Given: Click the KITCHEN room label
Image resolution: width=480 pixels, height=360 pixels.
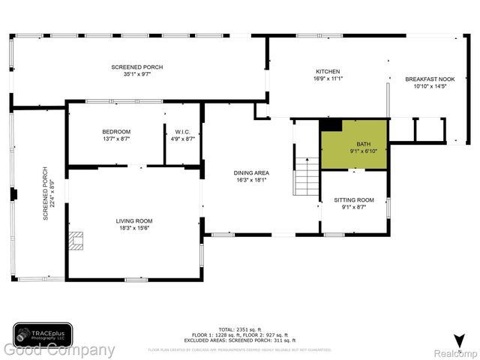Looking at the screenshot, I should (x=327, y=70).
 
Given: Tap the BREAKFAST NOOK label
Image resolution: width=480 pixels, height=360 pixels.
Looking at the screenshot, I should (x=430, y=79).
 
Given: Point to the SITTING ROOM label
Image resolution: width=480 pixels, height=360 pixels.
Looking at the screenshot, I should (x=353, y=199).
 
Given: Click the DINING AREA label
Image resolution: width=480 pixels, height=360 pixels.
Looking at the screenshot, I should (x=252, y=172).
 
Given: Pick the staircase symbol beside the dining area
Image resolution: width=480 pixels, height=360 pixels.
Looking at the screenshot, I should (x=306, y=176).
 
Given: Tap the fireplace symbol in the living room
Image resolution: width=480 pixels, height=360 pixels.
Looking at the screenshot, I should (x=75, y=240).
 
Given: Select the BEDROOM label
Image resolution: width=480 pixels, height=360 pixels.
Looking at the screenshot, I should (x=116, y=132).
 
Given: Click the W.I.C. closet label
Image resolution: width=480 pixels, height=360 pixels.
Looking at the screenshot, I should (x=183, y=132).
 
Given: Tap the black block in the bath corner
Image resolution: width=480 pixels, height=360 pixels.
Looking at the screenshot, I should (x=330, y=125).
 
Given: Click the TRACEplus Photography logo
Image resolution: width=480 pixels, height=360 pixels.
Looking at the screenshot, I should (x=43, y=334).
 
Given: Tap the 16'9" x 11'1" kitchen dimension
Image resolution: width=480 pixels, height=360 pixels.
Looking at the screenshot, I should (x=327, y=78).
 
